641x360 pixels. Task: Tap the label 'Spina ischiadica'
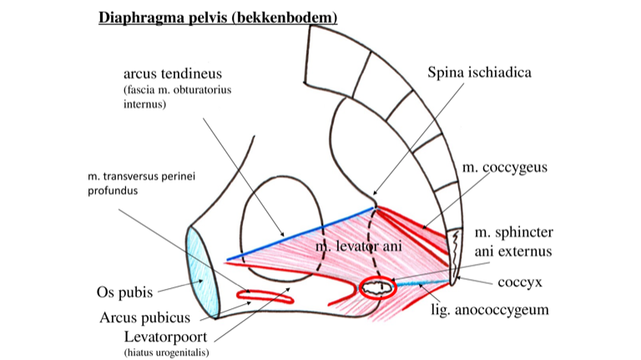[x=479, y=73]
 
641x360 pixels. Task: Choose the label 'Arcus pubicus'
[x=145, y=317]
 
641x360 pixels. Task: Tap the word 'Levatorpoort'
[x=167, y=338]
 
